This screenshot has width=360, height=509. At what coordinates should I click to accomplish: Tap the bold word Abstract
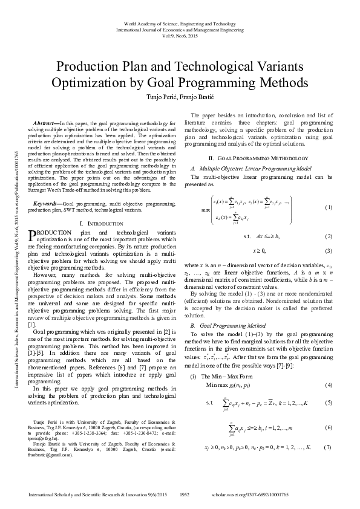point(46,123)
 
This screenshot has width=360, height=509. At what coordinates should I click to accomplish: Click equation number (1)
point(329,207)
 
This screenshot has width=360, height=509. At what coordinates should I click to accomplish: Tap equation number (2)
point(329,236)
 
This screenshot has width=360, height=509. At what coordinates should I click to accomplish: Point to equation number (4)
point(329,385)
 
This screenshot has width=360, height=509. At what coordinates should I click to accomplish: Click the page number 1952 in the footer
point(185,494)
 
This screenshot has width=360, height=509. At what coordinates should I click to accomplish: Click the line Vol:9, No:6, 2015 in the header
point(180,35)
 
